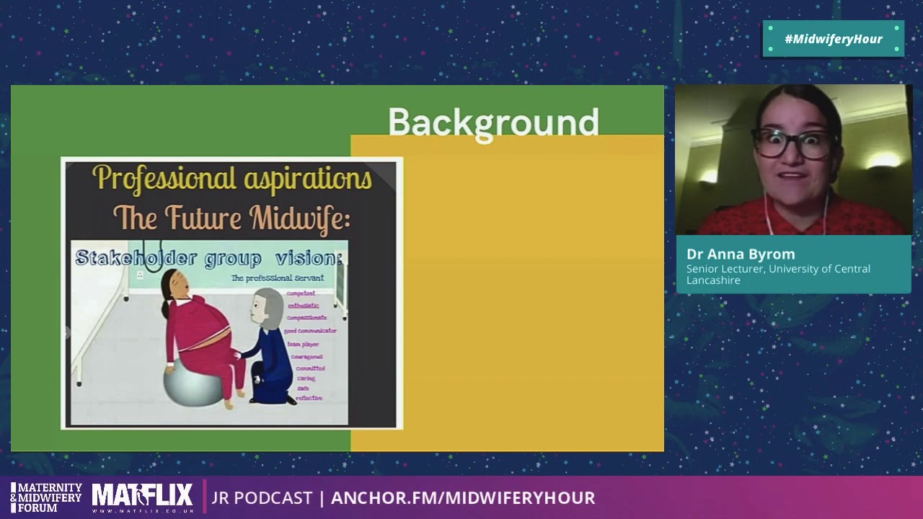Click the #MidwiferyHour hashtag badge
(833, 39)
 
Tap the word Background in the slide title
(493, 123)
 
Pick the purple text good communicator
(310, 331)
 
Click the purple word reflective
(309, 398)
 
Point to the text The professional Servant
(277, 278)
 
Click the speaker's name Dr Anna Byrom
(741, 254)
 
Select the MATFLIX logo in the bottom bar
(143, 497)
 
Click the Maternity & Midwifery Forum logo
(46, 497)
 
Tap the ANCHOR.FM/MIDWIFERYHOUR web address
(462, 498)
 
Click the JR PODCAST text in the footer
(262, 498)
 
